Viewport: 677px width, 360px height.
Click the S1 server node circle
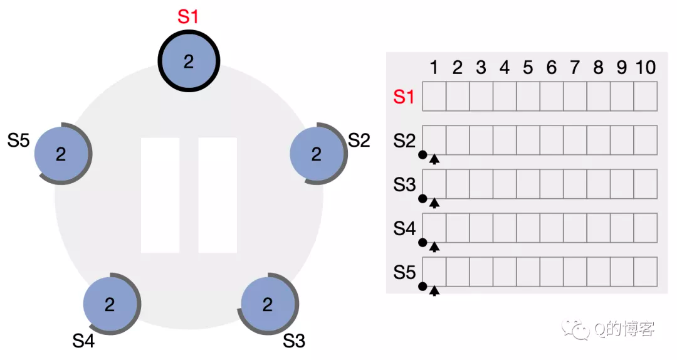tap(189, 61)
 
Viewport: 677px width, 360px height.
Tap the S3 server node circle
tap(268, 304)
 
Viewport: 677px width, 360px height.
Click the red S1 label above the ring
tap(188, 16)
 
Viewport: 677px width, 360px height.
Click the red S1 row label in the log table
tap(404, 97)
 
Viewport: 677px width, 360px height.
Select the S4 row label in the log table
tap(404, 228)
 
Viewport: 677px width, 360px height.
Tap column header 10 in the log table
tap(646, 67)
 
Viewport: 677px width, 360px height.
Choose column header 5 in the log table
tap(528, 67)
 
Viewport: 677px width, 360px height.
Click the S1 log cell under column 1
tap(434, 97)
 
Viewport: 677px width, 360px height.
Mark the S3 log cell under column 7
tap(575, 184)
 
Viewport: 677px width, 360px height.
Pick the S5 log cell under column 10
tap(646, 272)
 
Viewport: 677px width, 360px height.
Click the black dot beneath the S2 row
tap(422, 155)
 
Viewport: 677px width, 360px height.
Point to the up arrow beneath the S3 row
tap(434, 203)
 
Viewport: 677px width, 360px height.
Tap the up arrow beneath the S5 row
tap(434, 290)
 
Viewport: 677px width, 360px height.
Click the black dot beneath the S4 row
tap(422, 243)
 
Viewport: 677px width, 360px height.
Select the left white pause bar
tap(160, 195)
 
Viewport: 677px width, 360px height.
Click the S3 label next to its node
tap(294, 341)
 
